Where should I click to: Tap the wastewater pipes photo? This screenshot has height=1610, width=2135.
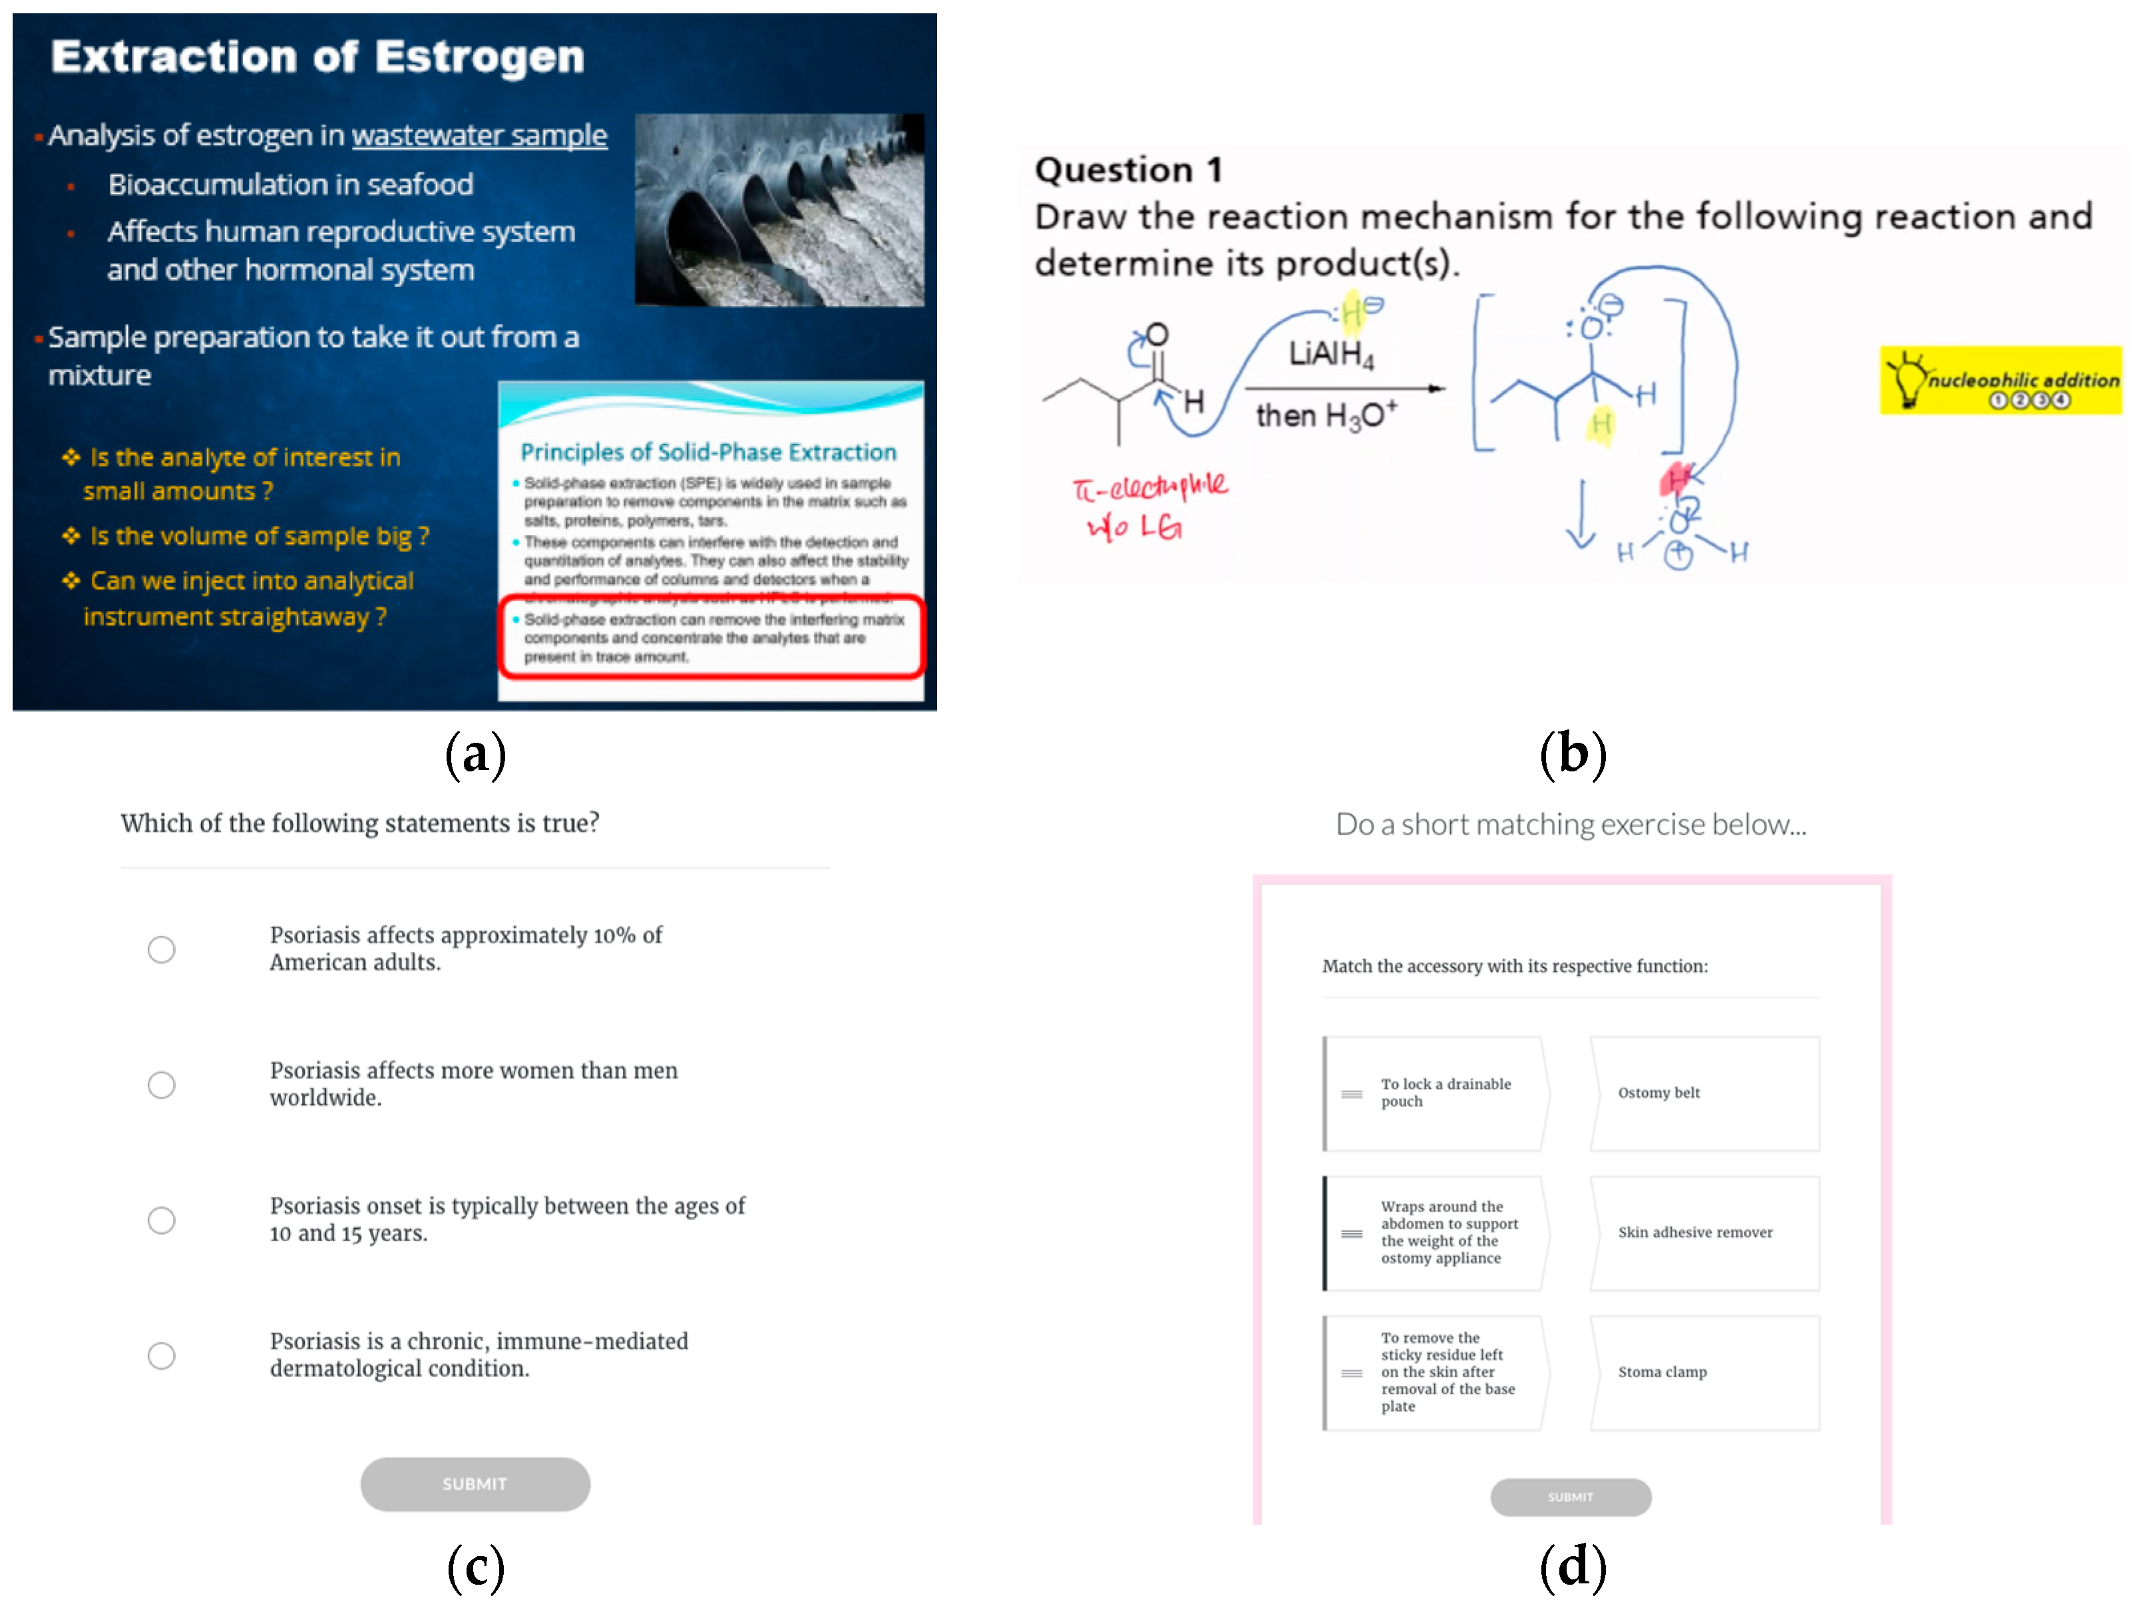coord(779,210)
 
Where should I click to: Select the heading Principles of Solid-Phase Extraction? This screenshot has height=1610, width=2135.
coord(707,452)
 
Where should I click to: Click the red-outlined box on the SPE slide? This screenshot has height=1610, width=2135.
coord(711,637)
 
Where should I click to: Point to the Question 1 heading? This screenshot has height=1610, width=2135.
coord(1127,170)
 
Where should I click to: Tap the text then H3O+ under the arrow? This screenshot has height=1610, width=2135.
coord(1325,415)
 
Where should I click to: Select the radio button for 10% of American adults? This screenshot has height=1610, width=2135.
coord(161,950)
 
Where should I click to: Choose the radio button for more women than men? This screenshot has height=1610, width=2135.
coord(161,1085)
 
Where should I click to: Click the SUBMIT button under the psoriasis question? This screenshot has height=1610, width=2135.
coord(475,1484)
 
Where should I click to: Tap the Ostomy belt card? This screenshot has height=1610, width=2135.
coord(1704,1093)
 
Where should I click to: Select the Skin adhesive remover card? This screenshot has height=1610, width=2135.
coord(1704,1233)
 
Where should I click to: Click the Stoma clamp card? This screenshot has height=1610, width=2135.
coord(1704,1372)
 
